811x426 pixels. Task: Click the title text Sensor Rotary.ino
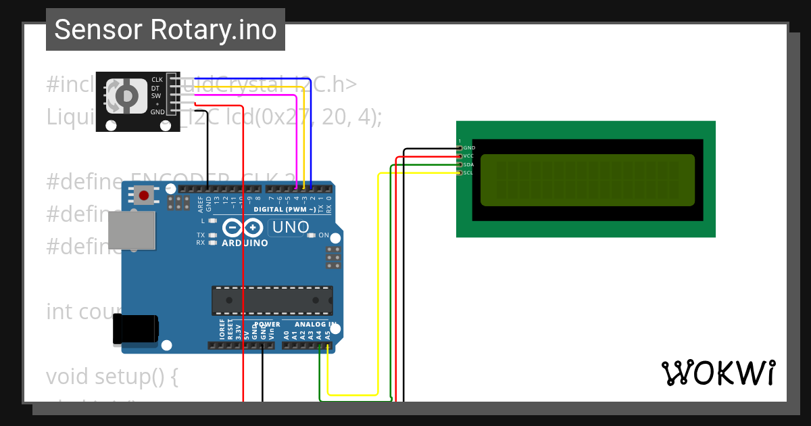(166, 30)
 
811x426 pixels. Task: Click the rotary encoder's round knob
(126, 95)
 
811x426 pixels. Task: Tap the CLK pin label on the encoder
(157, 80)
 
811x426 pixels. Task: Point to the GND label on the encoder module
(157, 112)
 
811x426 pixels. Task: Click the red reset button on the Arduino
(143, 196)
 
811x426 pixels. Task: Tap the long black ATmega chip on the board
(272, 300)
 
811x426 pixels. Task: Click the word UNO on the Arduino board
(291, 228)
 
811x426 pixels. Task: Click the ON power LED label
(324, 235)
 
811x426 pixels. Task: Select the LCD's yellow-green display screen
(587, 180)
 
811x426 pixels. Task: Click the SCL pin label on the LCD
(468, 173)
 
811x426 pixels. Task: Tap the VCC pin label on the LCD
(468, 156)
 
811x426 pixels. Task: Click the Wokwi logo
(718, 373)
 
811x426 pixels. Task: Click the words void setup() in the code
(112, 376)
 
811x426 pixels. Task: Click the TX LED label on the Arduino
(201, 235)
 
